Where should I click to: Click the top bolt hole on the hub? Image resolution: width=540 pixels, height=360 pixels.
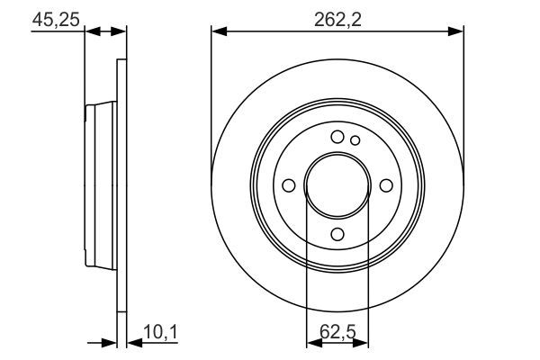pyautogui.click(x=337, y=137)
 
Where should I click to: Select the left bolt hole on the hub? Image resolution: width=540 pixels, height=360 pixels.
pyautogui.click(x=288, y=185)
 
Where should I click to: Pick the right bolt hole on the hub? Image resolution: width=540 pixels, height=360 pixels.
pyautogui.click(x=386, y=185)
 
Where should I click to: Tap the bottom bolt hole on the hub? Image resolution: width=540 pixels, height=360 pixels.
pyautogui.click(x=337, y=234)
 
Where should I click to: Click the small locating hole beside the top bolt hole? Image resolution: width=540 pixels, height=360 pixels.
pyautogui.click(x=355, y=139)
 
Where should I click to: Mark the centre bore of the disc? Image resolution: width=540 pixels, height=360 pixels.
pyautogui.click(x=337, y=185)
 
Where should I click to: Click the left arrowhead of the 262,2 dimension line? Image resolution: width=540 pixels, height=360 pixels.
pyautogui.click(x=217, y=31)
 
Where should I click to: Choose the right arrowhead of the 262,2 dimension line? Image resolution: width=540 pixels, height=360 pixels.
pyautogui.click(x=458, y=31)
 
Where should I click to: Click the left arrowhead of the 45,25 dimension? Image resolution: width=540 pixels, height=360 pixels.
pyautogui.click(x=89, y=31)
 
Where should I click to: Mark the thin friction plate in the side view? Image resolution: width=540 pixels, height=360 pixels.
pyautogui.click(x=121, y=185)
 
